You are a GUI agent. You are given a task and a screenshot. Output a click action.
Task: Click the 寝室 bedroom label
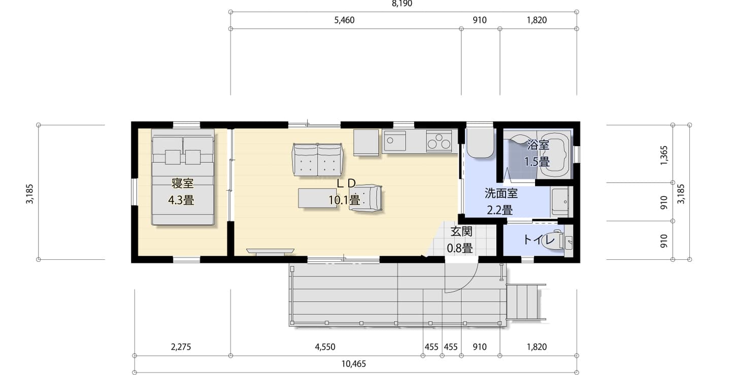pos(182,183)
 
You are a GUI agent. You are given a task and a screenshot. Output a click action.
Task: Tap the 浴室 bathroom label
pos(538,145)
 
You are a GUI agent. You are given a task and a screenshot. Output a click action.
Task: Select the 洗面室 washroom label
pos(501,193)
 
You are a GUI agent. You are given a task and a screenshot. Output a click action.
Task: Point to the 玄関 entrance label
pos(461,231)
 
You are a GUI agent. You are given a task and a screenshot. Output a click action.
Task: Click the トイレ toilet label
pos(539,240)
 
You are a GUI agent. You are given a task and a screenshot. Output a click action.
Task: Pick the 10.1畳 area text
pos(344,200)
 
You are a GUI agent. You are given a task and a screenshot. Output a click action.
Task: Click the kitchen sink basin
pos(394,141)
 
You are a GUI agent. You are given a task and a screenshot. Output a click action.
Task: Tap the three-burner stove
pos(439,141)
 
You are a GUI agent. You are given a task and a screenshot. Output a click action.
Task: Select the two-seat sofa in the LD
pos(317,159)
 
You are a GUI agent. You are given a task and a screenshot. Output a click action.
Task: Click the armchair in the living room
pos(365,198)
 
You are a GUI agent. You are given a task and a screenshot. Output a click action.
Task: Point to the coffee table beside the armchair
pos(317,198)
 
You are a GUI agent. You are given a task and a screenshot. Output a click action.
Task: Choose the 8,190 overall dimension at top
pos(402,4)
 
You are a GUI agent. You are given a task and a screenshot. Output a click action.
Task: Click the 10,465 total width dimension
pos(353,364)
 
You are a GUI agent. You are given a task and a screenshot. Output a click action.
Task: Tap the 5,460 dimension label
pos(344,20)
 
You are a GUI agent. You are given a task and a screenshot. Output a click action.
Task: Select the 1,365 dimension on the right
pos(664,155)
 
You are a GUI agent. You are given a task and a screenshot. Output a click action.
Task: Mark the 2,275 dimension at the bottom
pos(181,347)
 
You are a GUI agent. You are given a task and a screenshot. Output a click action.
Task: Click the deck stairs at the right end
pos(526,301)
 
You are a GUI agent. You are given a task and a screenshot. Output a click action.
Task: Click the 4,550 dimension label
pos(325,347)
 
